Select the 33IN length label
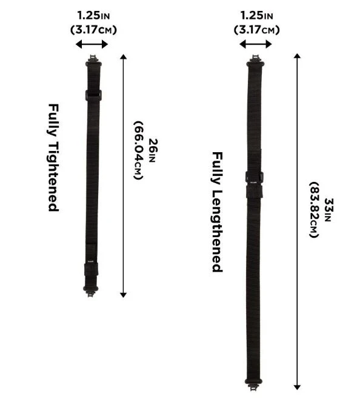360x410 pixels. [328, 210]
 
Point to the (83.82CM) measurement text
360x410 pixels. [313, 210]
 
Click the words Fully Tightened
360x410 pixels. [53, 156]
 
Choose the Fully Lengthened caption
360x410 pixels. [217, 212]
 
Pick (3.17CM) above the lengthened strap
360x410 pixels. [256, 29]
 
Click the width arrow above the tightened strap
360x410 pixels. [92, 44]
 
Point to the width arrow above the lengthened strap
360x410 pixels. [255, 44]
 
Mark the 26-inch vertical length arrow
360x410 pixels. [123, 176]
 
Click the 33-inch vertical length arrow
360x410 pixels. [297, 221]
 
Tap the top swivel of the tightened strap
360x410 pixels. [93, 60]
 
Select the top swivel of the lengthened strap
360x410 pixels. [254, 61]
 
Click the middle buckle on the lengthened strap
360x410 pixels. [254, 180]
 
